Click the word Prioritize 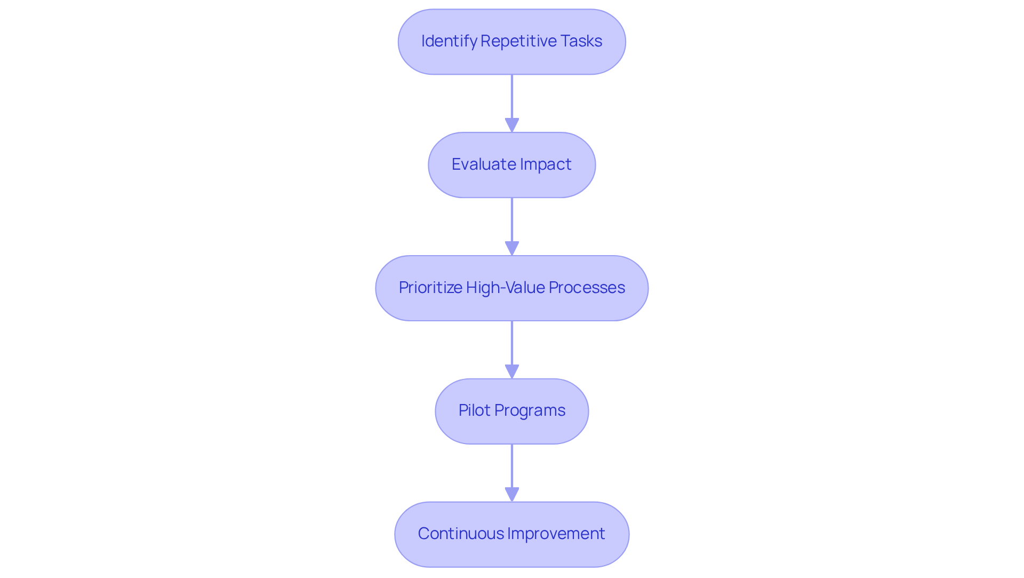[430, 288]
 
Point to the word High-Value [505, 288]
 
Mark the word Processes [587, 288]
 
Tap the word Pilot [474, 410]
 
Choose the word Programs [530, 410]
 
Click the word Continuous [460, 534]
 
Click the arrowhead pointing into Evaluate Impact [511, 125]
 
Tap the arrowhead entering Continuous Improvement [511, 494]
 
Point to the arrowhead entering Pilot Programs [511, 371]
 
